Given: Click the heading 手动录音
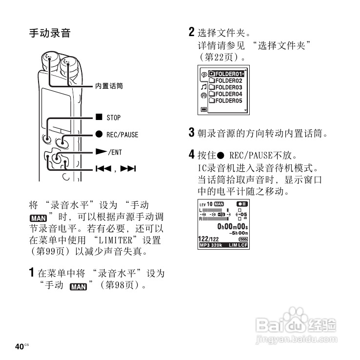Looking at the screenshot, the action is coord(50,34).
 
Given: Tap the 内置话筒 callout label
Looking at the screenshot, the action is coord(109,86).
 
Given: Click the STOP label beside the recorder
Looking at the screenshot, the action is coord(113,118).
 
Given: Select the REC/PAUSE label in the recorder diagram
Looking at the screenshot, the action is coord(122,135).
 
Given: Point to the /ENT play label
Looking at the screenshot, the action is coord(115,152).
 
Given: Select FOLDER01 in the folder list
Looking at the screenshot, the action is coord(226,74).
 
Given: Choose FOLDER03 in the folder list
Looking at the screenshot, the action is coord(226,88).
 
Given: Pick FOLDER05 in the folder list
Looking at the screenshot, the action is coord(226,101).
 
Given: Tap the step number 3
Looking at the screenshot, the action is coord(192,132).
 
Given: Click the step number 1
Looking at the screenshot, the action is coord(32,272).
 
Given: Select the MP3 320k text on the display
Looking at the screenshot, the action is coord(211,245).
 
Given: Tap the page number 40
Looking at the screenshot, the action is coord(20,346).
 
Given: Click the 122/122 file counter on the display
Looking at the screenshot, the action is coord(208,239).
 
